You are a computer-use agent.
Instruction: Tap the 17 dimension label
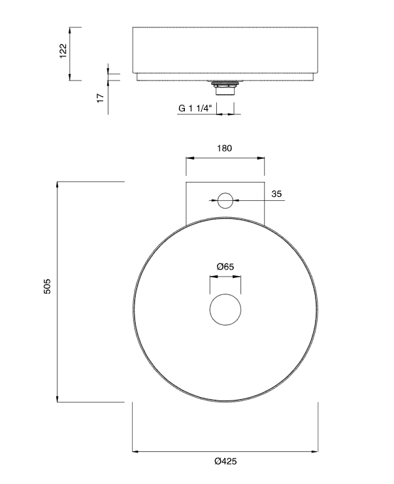[x=100, y=97]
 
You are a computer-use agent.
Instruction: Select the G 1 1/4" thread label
[x=195, y=109]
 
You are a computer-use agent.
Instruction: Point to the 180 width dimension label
[x=224, y=148]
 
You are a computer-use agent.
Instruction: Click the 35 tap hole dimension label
[x=276, y=194]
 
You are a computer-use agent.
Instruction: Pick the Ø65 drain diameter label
[x=225, y=266]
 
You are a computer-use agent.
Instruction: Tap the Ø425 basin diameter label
[x=225, y=461]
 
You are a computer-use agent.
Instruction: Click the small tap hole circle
[x=225, y=200]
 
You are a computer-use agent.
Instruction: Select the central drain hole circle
[x=225, y=309]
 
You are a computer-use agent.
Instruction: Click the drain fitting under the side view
[x=225, y=87]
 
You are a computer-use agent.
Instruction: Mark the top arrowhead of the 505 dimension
[x=58, y=184]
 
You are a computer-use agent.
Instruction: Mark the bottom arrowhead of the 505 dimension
[x=58, y=399]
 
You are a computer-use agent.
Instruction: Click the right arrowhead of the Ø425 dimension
[x=316, y=451]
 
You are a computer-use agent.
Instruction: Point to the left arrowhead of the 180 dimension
[x=189, y=158]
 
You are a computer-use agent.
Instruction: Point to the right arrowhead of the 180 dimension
[x=262, y=158]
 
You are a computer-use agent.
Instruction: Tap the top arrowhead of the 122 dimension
[x=71, y=29]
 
